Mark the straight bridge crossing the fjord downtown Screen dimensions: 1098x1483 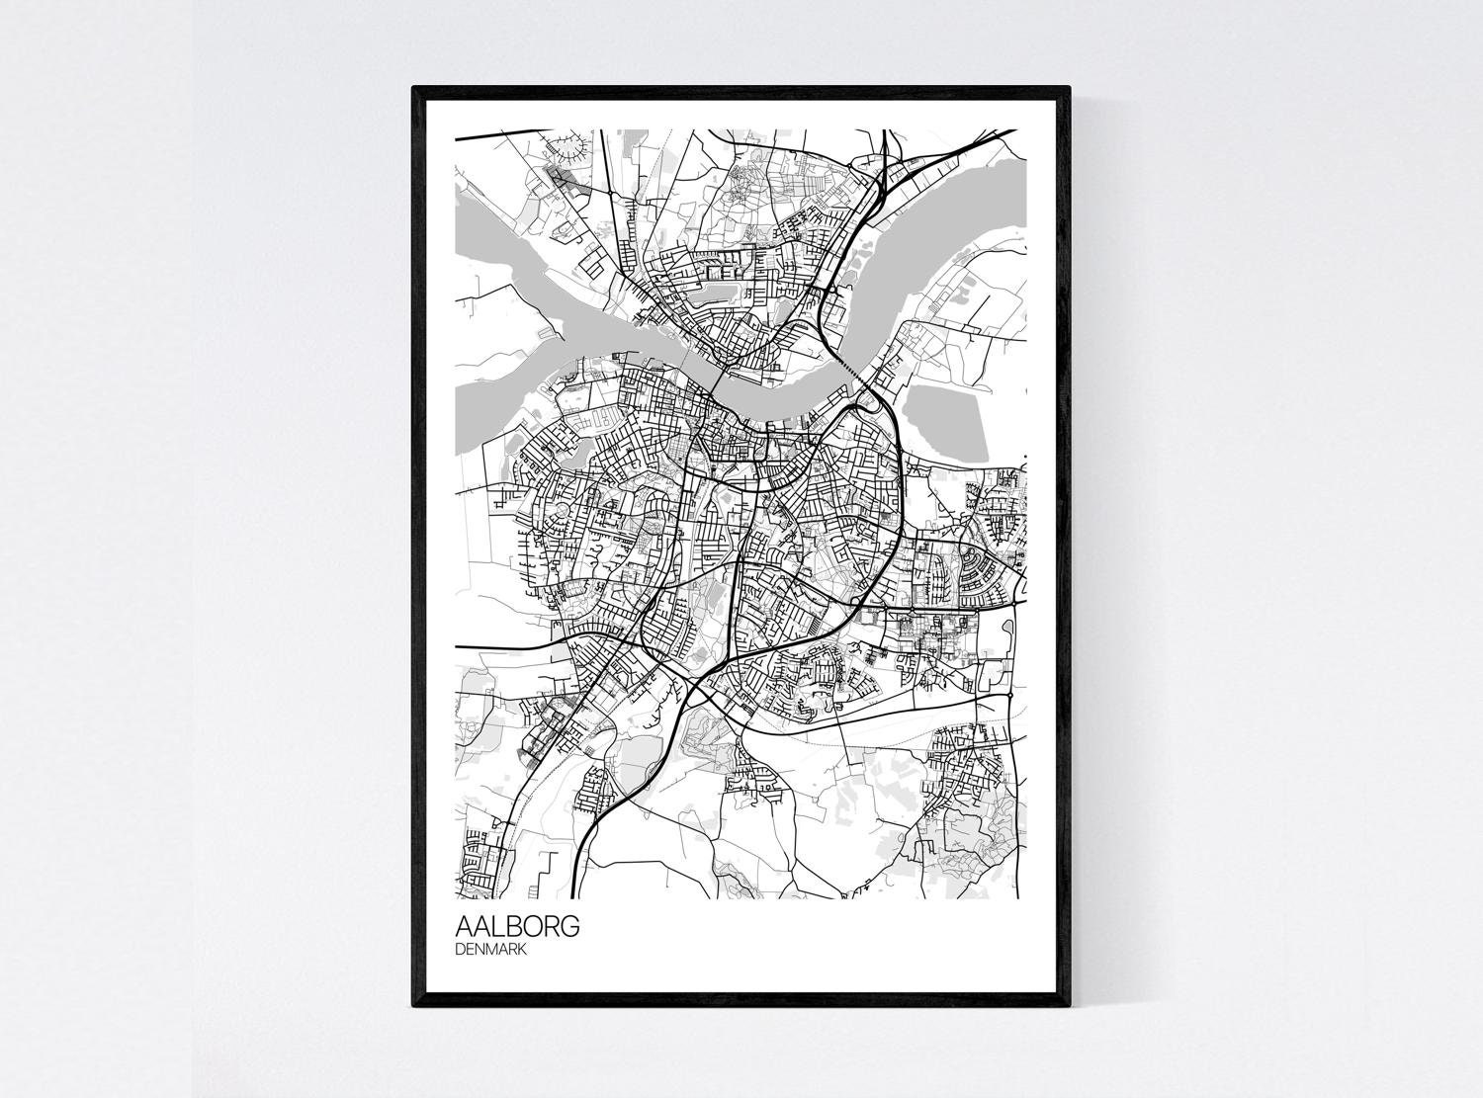[x=719, y=367]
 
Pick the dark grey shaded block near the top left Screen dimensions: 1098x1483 [x=563, y=178]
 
